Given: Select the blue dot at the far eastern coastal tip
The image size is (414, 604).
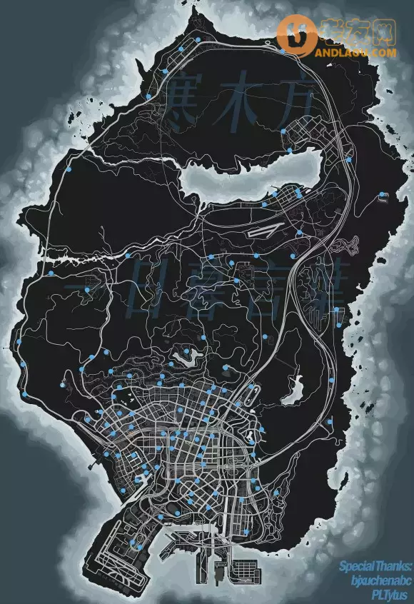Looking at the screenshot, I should (x=383, y=194).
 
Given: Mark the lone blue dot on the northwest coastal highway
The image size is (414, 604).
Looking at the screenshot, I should (x=69, y=171).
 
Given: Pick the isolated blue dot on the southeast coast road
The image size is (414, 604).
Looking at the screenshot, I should (x=330, y=421).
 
